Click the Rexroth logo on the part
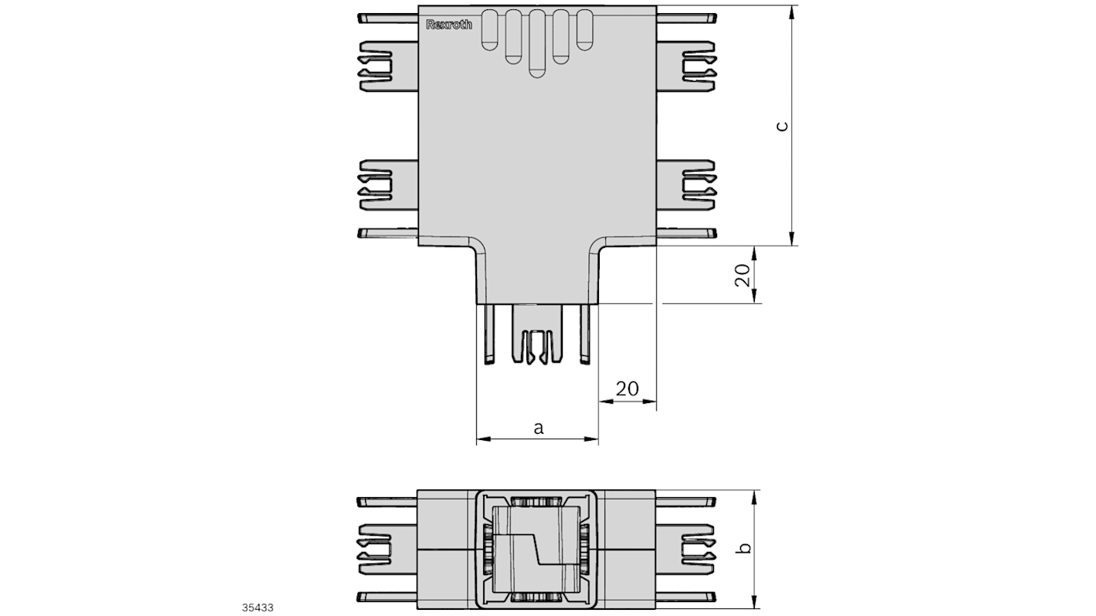click(448, 25)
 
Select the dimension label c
click(782, 126)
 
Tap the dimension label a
click(539, 428)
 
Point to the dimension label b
click(744, 548)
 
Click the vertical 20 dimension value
click(742, 276)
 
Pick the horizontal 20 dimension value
click(627, 388)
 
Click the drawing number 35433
click(257, 608)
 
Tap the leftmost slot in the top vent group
click(489, 30)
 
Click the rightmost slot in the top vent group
click(585, 30)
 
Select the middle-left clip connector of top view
click(377, 184)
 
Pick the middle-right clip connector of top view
click(697, 184)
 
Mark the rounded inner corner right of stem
click(596, 252)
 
